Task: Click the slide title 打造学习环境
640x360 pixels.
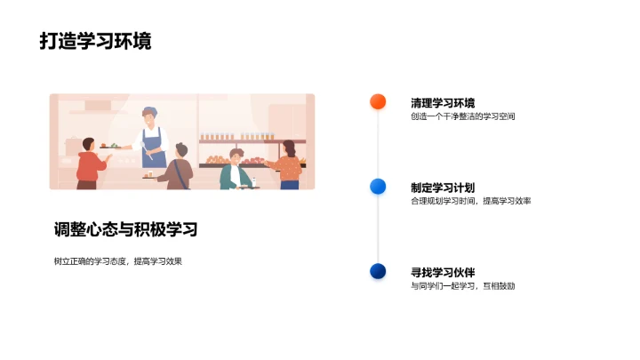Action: (95, 41)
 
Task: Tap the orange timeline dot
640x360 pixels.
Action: (378, 101)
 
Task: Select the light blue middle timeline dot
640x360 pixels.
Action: (378, 186)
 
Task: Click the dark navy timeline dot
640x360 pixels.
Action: (378, 271)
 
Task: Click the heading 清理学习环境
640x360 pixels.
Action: (443, 103)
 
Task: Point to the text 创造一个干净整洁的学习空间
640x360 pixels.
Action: (462, 116)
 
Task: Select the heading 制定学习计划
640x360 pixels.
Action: (443, 188)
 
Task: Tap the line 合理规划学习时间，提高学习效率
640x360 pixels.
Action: (470, 201)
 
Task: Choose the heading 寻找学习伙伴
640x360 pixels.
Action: (443, 273)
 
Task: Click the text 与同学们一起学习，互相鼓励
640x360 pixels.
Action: (462, 286)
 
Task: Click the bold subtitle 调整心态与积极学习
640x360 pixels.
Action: (125, 229)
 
